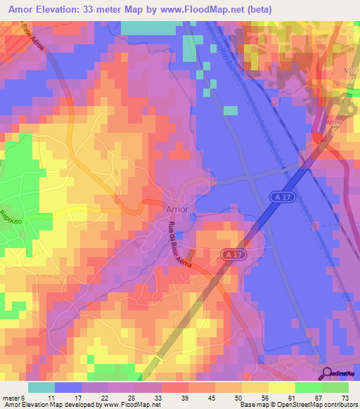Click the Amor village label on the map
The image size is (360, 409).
(x=176, y=209)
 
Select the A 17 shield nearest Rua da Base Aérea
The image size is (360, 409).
(x=235, y=253)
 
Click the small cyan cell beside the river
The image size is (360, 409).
(x=230, y=110)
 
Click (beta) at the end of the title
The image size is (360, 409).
(x=256, y=8)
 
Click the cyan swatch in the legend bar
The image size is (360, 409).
(x=41, y=387)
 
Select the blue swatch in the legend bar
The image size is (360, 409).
(x=67, y=387)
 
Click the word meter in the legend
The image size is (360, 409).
(x=11, y=397)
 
